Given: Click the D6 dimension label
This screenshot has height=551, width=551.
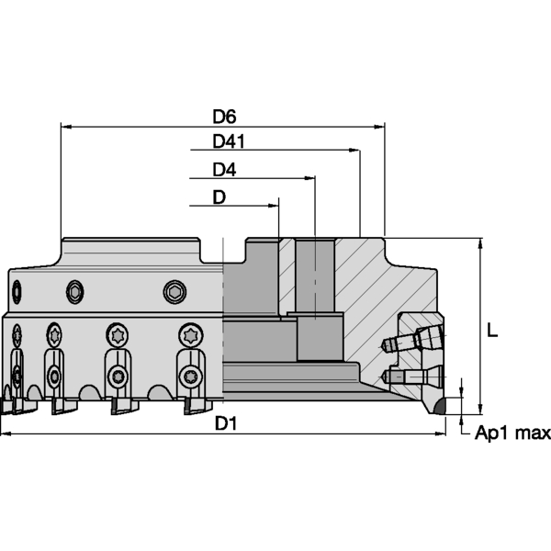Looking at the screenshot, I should tap(225, 117).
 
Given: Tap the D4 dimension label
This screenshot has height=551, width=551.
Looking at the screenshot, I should tap(224, 170).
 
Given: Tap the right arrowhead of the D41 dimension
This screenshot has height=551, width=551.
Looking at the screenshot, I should tap(354, 151).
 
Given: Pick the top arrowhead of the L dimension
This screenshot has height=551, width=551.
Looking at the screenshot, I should tap(479, 244).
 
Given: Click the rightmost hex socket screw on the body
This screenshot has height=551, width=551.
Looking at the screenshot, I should tap(174, 292).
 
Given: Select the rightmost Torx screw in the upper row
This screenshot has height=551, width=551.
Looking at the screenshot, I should tap(189, 334).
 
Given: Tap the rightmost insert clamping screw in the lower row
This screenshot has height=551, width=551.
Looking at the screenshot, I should tap(190, 376).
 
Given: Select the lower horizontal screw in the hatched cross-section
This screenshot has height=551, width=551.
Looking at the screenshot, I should tap(404, 377).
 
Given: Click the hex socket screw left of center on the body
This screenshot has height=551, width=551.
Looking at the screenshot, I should tap(74, 292).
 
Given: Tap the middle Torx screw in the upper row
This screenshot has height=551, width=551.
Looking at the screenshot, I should tap(117, 333).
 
